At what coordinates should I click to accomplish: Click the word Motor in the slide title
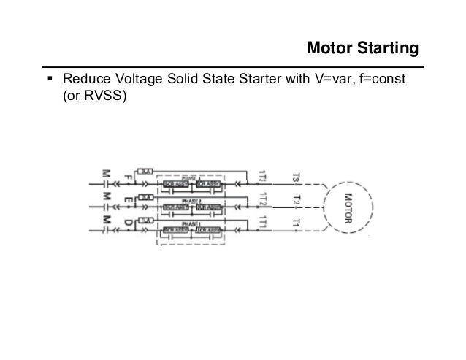pyautogui.click(x=330, y=49)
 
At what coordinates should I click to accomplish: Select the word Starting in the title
pyautogui.click(x=387, y=49)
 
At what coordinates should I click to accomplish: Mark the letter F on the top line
pyautogui.click(x=129, y=177)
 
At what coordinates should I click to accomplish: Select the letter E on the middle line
pyautogui.click(x=129, y=199)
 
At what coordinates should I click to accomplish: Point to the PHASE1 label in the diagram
pyautogui.click(x=192, y=223)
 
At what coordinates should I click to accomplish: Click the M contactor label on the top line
pyautogui.click(x=107, y=175)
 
